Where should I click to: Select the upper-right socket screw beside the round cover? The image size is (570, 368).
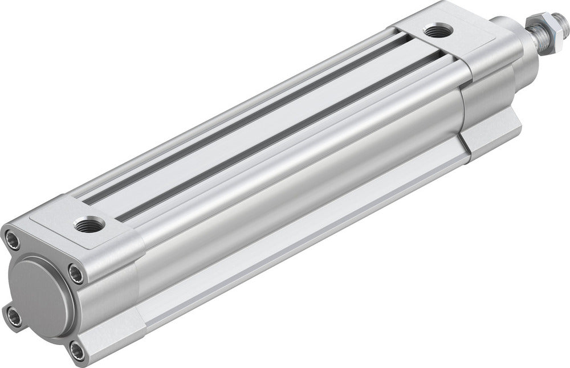(76, 274)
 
